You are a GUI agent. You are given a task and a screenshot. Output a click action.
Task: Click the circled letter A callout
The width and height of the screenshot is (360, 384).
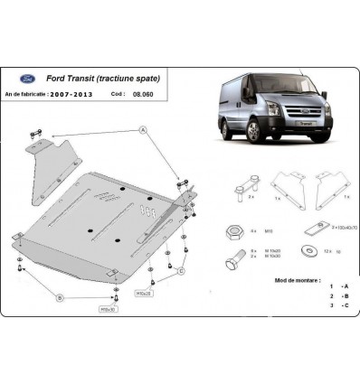click(143, 133)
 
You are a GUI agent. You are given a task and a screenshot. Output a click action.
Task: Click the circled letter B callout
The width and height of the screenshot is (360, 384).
click(60, 295)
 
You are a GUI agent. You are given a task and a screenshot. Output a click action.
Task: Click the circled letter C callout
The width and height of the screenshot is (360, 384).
click(181, 271)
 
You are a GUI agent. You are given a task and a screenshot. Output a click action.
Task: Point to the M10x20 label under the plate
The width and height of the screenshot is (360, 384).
click(144, 294)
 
